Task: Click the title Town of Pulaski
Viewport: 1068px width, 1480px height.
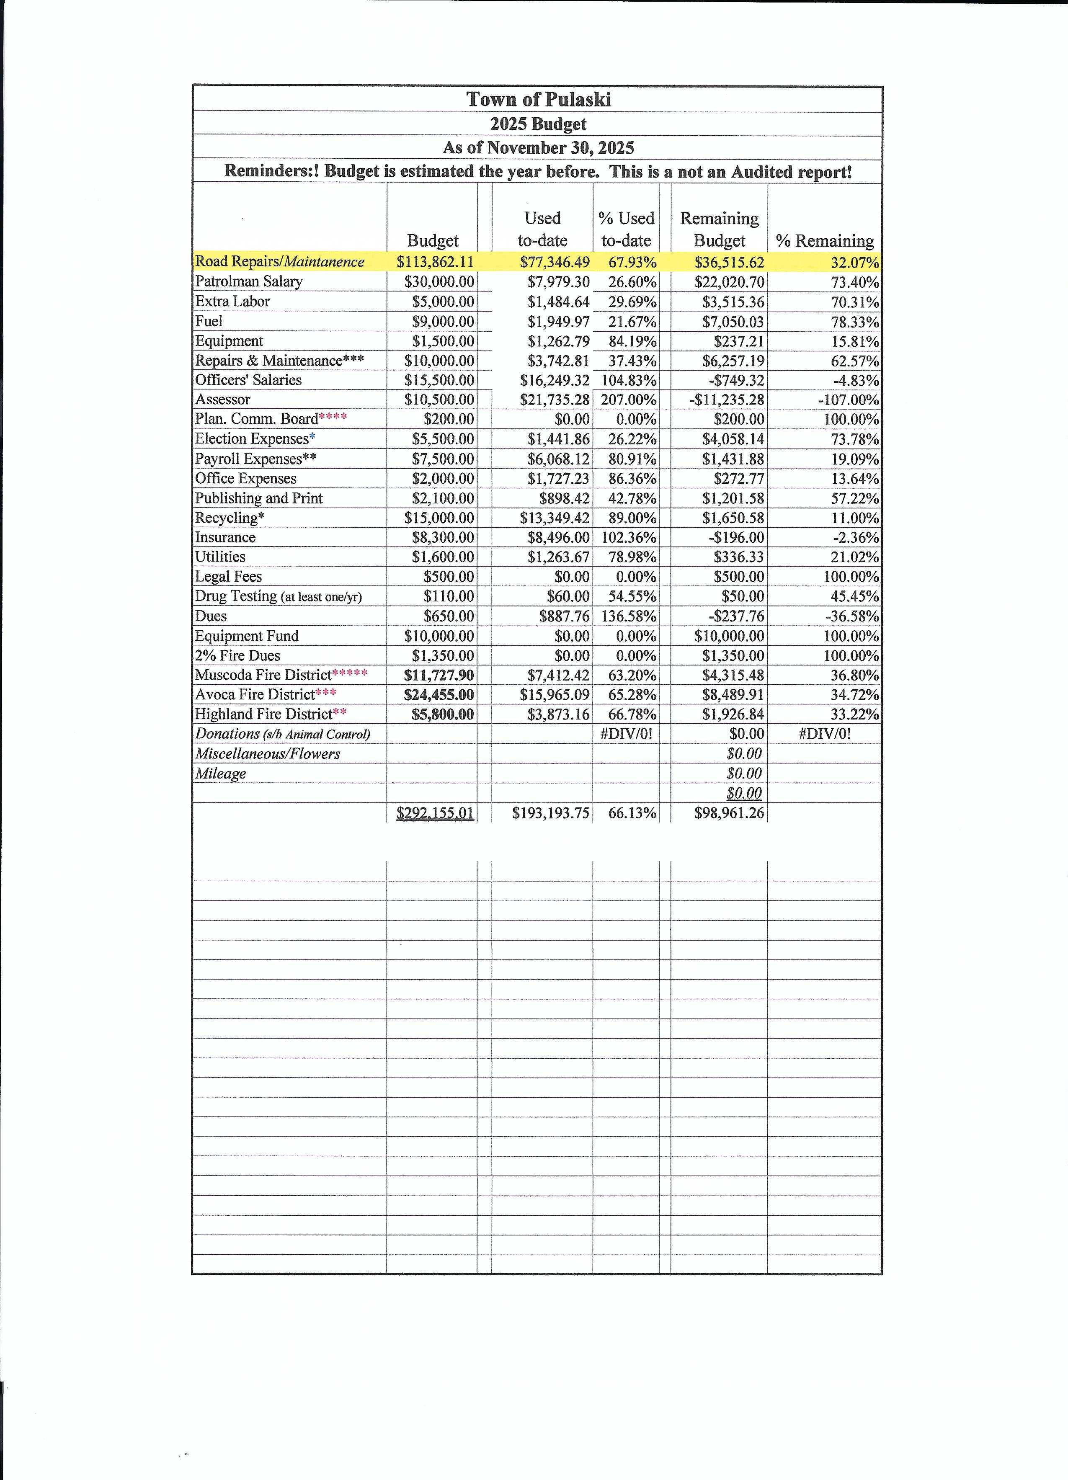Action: (x=538, y=99)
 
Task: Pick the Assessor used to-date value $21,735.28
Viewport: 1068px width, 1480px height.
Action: (x=555, y=400)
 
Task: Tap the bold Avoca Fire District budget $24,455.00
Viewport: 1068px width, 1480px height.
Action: (x=439, y=694)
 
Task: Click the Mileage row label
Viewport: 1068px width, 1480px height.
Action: (x=221, y=773)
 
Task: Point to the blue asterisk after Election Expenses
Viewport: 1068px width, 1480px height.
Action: (x=312, y=437)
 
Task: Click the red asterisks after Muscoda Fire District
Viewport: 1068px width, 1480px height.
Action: (x=350, y=673)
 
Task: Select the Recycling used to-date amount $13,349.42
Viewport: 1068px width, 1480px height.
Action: (x=555, y=518)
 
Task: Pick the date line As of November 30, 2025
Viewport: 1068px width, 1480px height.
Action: (x=538, y=147)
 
